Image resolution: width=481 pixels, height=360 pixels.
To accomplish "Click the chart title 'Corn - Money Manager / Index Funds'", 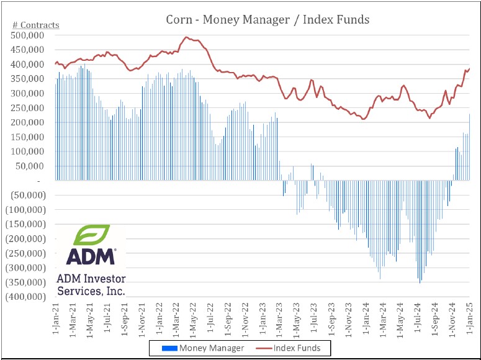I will (x=267, y=19).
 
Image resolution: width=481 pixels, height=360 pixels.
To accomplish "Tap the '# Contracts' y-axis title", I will (x=36, y=25).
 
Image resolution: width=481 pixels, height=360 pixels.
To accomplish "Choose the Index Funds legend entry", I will (x=292, y=348).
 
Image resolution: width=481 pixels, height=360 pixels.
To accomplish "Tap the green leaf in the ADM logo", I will (x=92, y=235).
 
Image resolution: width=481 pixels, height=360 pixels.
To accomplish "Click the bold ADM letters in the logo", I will (x=91, y=256).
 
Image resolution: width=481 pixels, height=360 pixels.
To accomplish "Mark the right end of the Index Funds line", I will (x=470, y=68).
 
